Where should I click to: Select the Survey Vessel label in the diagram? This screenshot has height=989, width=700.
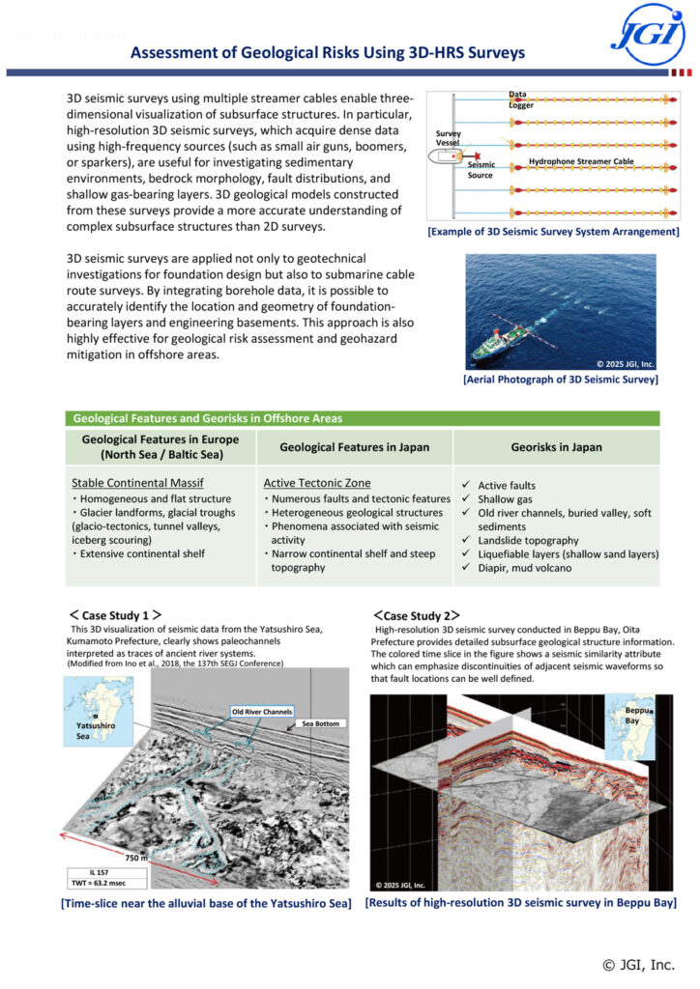pos(448,138)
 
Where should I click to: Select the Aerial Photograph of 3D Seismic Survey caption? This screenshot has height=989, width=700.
pos(561,380)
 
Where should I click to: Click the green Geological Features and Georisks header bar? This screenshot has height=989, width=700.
pos(362,418)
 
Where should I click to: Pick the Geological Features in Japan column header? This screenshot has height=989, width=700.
pos(355,447)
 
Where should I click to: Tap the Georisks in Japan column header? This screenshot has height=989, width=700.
pos(557,447)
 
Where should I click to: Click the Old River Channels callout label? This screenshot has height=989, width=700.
pos(262,712)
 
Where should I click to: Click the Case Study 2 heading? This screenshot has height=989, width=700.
pos(417,614)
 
